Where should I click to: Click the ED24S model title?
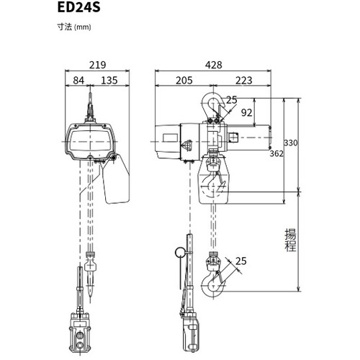[x=78, y=8]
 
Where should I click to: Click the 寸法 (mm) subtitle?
[x=74, y=27]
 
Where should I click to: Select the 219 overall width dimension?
[x=97, y=65]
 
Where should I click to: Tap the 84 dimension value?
[x=78, y=81]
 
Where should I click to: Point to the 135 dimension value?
[x=109, y=81]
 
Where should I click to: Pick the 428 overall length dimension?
[x=214, y=65]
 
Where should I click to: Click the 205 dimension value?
[x=184, y=81]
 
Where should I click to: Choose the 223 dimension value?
[x=244, y=81]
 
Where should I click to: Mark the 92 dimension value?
[x=247, y=112]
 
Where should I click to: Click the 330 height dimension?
[x=291, y=143]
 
